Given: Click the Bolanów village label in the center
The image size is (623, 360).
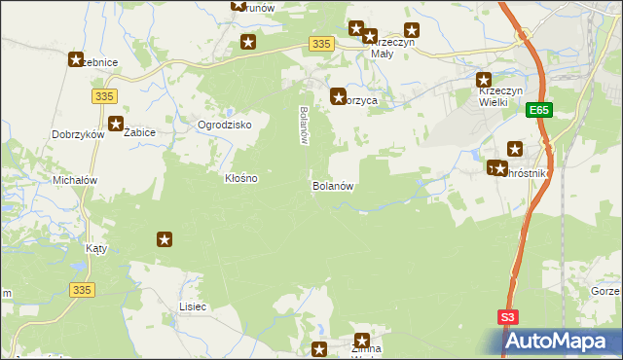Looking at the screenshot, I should pos(331,185).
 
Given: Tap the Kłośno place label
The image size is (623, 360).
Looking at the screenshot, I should pos(240,179).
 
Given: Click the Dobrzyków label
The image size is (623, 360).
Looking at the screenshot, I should pos(78,135).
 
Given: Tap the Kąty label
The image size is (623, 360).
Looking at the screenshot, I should pos(96,248).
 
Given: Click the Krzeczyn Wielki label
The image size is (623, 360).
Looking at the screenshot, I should pos(501,96).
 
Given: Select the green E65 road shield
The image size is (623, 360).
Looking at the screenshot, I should pos(541,112).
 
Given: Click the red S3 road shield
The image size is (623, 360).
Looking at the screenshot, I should pos(508,317).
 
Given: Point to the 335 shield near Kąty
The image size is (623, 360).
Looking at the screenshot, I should pos(82,289).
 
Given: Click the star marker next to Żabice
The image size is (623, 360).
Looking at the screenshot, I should pos(117,124).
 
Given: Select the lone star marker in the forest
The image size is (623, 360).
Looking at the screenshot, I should pos(165,239).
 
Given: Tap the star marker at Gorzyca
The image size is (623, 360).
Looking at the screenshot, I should pos(338,96).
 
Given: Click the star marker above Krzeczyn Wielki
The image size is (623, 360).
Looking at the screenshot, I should pos(484,80).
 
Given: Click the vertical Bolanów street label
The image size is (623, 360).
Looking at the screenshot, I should pos(304,125).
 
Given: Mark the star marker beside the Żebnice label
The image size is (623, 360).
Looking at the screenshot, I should pos(76,59).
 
